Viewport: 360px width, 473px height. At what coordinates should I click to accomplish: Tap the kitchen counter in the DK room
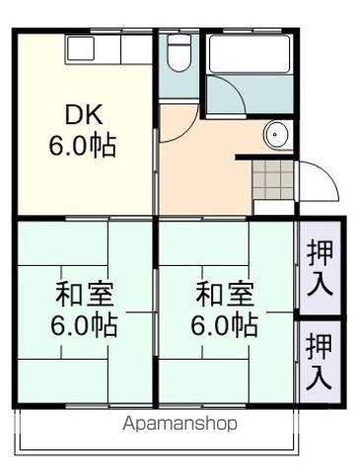pos(108,47)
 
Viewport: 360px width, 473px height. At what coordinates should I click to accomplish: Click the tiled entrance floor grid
pos(273,178)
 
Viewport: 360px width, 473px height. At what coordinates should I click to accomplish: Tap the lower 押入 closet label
pos(319,361)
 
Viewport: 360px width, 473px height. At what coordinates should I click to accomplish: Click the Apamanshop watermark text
pos(180,424)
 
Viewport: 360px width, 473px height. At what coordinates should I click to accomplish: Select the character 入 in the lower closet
pos(319,376)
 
